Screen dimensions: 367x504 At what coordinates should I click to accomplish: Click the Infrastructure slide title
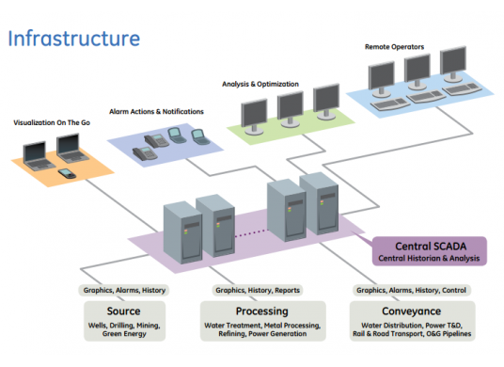coord(74,39)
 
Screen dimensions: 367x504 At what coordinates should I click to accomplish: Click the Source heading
coord(123,311)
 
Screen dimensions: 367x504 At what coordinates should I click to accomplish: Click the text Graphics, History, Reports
coord(259,291)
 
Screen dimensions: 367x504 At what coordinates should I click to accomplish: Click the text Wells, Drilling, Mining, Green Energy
coord(123,328)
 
